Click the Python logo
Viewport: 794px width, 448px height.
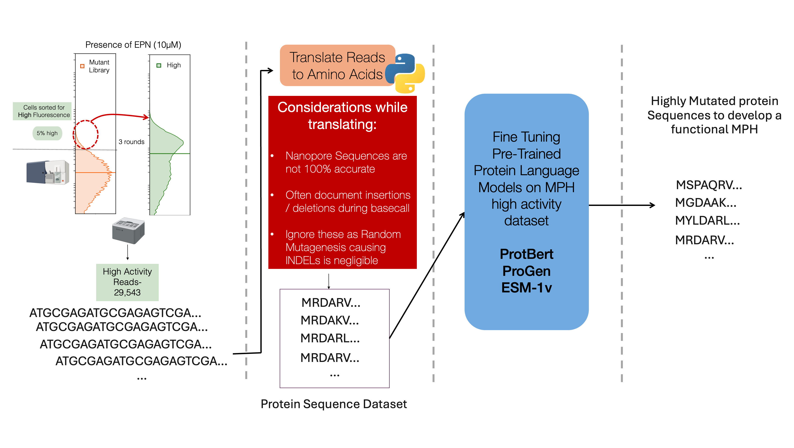[x=405, y=73]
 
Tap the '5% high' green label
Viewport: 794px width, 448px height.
[x=47, y=133]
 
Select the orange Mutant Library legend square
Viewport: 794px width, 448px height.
[x=82, y=66]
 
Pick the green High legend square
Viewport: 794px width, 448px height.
[x=159, y=65]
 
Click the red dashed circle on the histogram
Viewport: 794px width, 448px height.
[x=86, y=135]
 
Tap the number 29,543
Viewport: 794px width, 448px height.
[x=127, y=292]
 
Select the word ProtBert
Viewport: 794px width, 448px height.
[x=526, y=254]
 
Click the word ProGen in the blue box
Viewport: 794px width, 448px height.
[x=526, y=271]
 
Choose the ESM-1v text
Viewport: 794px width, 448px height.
[x=526, y=288]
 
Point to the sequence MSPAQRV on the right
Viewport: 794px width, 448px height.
[x=709, y=185]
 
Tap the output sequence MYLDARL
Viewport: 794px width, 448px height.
[x=707, y=221]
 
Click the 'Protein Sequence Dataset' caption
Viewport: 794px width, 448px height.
[x=334, y=404]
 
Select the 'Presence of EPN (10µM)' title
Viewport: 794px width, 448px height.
[x=133, y=45]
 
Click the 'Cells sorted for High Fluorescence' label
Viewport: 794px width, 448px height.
[x=44, y=111]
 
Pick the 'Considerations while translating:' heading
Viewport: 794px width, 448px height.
[x=342, y=116]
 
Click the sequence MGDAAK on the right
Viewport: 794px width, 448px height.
[x=705, y=203]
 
